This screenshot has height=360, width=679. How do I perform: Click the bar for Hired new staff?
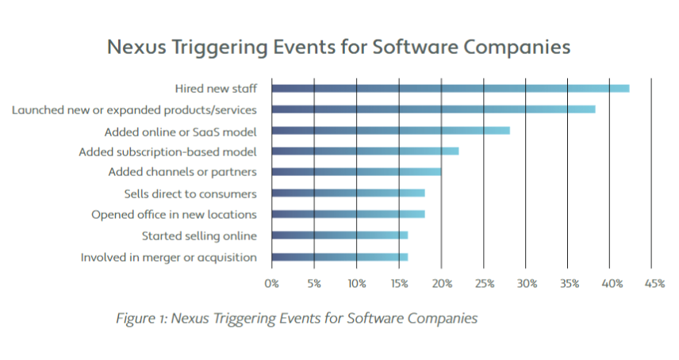tap(450, 88)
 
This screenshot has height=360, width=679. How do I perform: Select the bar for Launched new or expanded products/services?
tap(433, 109)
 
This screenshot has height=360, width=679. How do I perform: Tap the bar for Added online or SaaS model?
tap(390, 130)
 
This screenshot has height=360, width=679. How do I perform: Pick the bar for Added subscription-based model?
tap(365, 151)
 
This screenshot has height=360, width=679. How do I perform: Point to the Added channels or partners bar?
tap(356, 171)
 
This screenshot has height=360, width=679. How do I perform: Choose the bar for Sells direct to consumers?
tap(348, 193)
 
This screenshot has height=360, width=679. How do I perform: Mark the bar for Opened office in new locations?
tap(348, 214)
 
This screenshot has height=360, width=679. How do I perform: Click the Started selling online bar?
tap(339, 236)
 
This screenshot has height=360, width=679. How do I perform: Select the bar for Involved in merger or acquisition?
tap(339, 257)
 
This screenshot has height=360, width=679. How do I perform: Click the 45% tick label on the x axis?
tap(654, 283)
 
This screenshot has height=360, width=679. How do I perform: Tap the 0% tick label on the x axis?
tap(272, 283)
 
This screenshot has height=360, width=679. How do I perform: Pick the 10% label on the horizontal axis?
tap(356, 283)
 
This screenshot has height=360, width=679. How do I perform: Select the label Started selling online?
tap(199, 236)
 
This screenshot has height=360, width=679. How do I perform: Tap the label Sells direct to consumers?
tap(190, 193)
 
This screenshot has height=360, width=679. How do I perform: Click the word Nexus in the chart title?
tap(136, 47)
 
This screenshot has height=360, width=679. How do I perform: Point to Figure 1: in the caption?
tap(141, 318)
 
